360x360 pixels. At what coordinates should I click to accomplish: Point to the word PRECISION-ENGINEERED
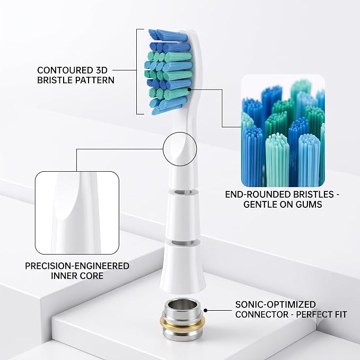pos(77,266)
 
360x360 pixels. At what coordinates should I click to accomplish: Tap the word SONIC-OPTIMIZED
pos(276,304)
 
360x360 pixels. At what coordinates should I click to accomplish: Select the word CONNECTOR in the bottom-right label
pos(261,314)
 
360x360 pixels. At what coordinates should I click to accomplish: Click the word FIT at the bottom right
pos(340,314)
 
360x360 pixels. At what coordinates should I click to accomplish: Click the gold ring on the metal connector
pos(182,322)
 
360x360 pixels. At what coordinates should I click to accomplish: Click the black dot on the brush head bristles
pos(189,89)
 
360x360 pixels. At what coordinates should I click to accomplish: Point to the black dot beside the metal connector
pos(206,310)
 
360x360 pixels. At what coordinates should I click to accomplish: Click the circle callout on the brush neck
pos(163,149)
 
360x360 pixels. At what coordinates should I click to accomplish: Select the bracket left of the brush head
pos(137,72)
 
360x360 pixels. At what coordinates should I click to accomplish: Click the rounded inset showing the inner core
pos(77,213)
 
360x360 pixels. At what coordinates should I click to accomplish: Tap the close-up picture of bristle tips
pos(283,130)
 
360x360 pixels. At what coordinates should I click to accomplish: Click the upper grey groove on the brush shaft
pos(182,192)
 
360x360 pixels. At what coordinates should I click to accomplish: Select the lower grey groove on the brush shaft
pos(182,243)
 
